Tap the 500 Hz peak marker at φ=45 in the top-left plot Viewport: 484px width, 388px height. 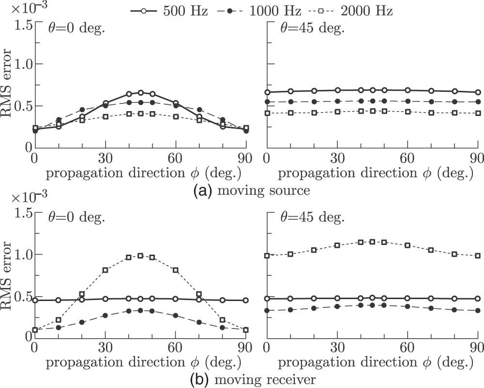[x=141, y=93]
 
